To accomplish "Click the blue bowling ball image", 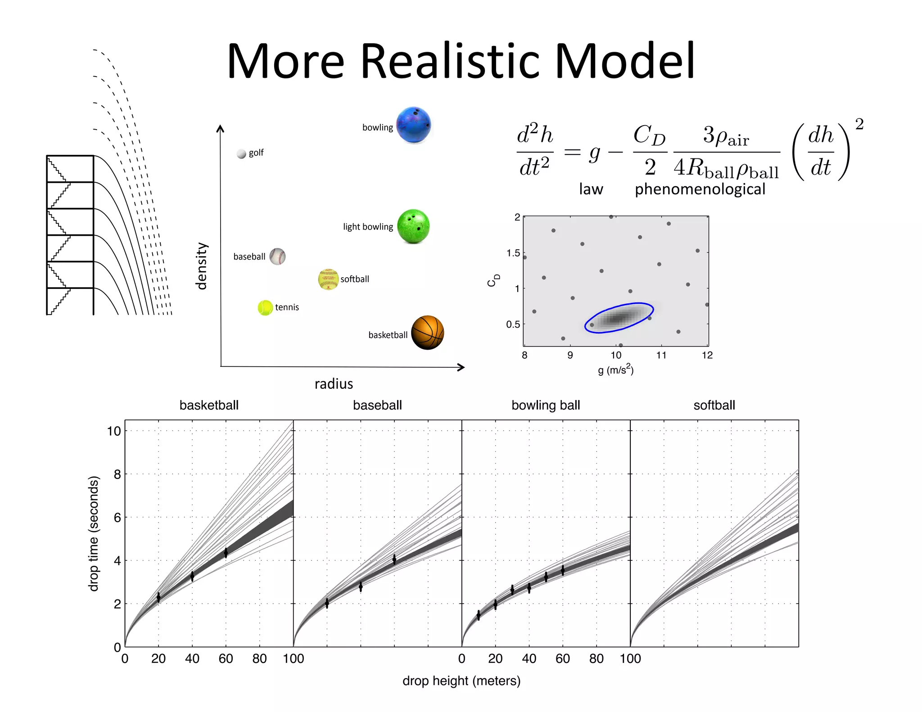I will (x=413, y=125).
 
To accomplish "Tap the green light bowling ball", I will (x=413, y=226).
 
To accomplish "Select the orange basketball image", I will (x=427, y=333).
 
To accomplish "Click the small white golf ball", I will (x=241, y=154).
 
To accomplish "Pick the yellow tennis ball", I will (x=265, y=308).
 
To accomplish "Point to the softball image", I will (x=328, y=279).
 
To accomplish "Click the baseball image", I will (x=277, y=257).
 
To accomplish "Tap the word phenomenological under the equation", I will (x=700, y=189).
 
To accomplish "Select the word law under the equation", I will (x=591, y=189).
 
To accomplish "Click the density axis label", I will (x=201, y=266).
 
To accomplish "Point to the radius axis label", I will (x=334, y=384).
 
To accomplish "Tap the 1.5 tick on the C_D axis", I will (x=513, y=253).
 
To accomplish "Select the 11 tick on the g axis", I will (x=661, y=355).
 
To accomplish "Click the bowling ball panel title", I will (x=546, y=405).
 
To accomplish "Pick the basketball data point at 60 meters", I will (x=226, y=553).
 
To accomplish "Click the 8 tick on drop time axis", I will (x=117, y=474).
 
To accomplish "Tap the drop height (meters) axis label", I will (x=461, y=680).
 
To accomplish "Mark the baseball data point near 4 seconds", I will (x=394, y=559).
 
